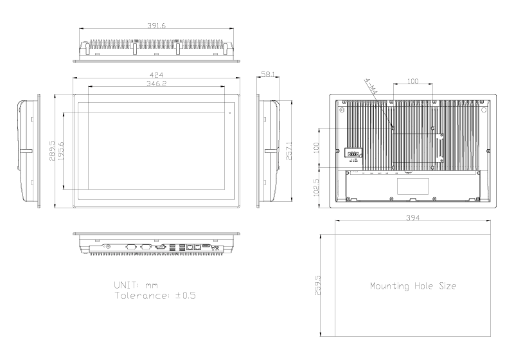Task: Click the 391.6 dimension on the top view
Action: tap(157, 26)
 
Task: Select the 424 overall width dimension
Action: tap(157, 75)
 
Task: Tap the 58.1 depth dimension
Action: tap(269, 75)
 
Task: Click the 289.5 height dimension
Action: tap(51, 148)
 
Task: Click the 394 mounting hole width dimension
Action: tap(413, 219)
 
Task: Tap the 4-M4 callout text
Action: tap(371, 88)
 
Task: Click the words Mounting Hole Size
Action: tap(413, 285)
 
